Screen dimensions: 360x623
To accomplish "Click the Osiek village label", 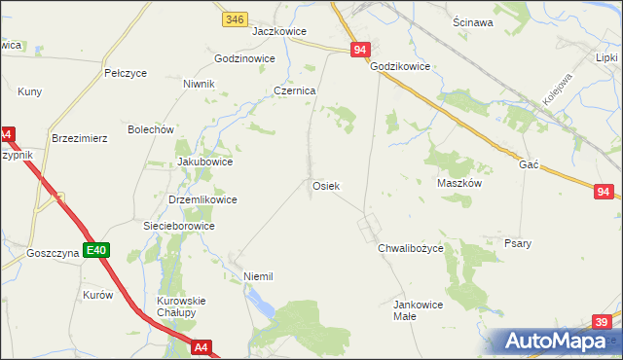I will pos(325,185).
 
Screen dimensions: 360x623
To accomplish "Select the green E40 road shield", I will pos(95,251).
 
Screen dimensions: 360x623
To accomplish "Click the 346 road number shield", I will pos(234,18).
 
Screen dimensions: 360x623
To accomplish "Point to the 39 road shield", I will pos(603,321).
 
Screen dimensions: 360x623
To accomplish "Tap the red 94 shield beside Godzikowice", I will pos(360,50).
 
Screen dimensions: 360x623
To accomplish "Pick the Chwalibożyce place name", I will pos(411,248).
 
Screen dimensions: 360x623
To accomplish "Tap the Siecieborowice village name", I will pos(178,226).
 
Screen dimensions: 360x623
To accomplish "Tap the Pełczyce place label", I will pos(125,73).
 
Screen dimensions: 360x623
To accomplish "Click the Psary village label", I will pos(518,243).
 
